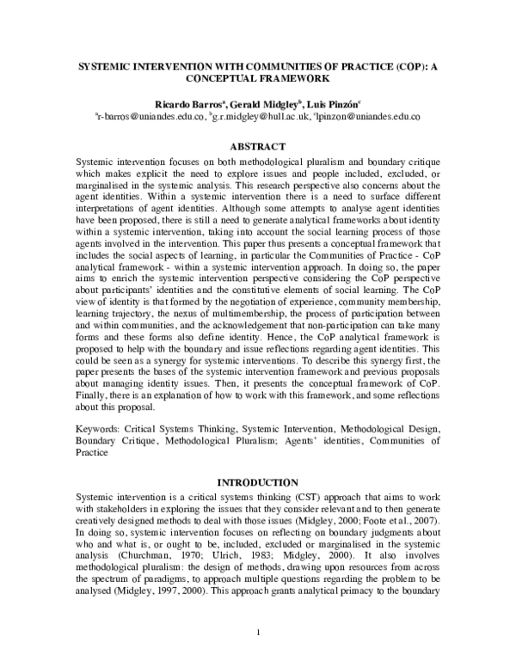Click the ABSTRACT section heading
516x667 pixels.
[x=258, y=146]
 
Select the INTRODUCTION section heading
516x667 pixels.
[x=258, y=482]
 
